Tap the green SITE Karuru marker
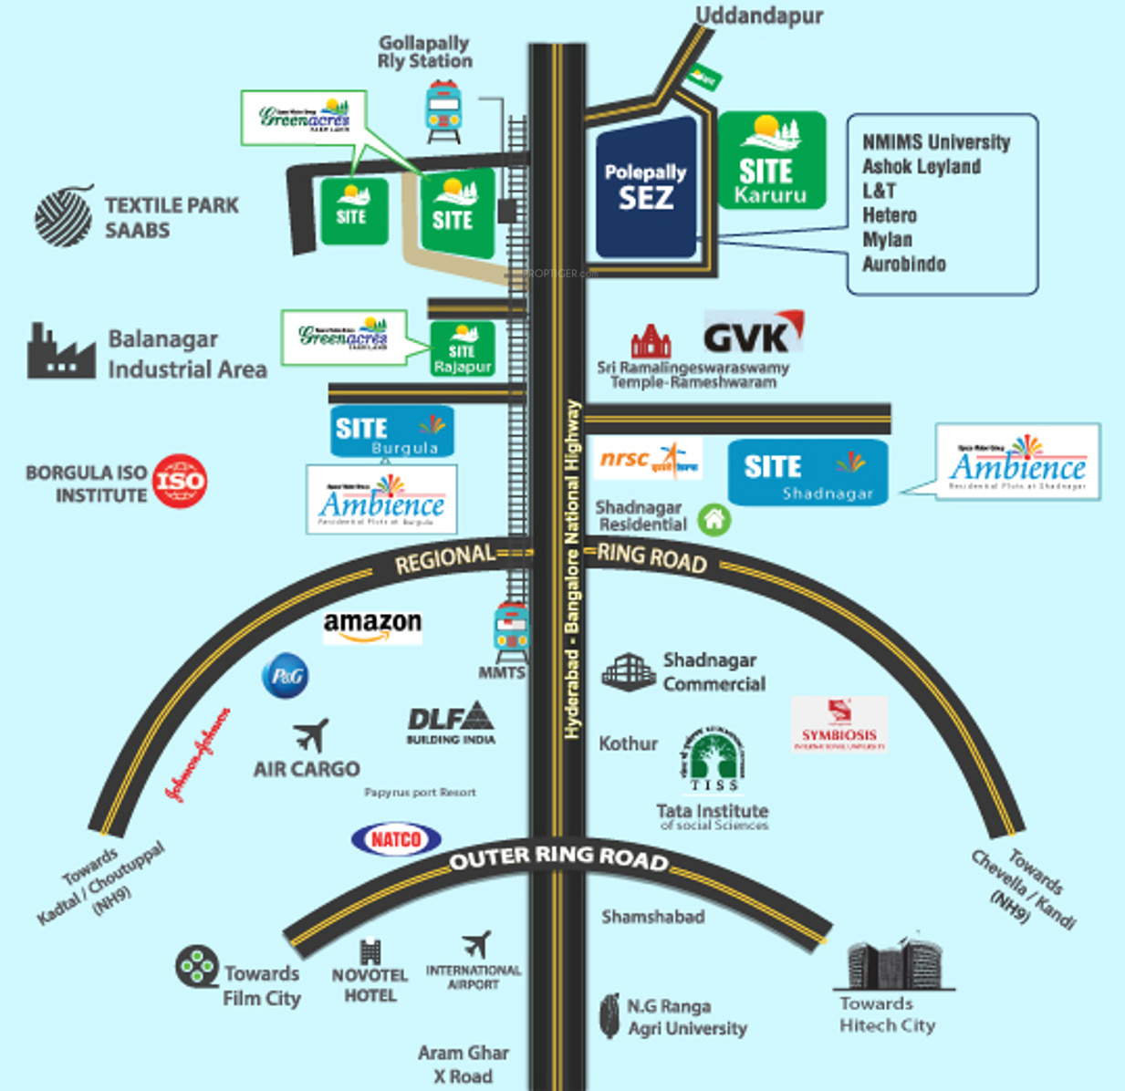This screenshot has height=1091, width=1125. point(772,161)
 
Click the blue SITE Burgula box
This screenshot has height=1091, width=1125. point(392,431)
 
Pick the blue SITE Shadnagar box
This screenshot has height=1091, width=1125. point(807,472)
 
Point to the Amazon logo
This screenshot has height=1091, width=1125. point(372,626)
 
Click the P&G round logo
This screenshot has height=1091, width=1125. point(286,676)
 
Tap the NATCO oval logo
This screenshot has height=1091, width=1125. point(396,839)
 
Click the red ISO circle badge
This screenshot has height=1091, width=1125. point(180,481)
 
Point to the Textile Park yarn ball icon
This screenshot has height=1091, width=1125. point(64,216)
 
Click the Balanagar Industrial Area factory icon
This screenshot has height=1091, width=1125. point(60,352)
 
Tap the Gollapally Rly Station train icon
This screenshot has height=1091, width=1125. point(443,110)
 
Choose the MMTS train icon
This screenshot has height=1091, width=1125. point(510,632)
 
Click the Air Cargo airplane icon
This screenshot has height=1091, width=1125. point(311,735)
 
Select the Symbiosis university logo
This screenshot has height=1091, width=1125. point(839,724)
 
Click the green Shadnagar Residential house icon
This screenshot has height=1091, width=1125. point(714,520)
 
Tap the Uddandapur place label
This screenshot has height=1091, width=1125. point(759,16)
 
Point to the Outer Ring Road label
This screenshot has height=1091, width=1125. point(558,857)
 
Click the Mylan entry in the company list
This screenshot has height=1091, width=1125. point(887,239)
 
